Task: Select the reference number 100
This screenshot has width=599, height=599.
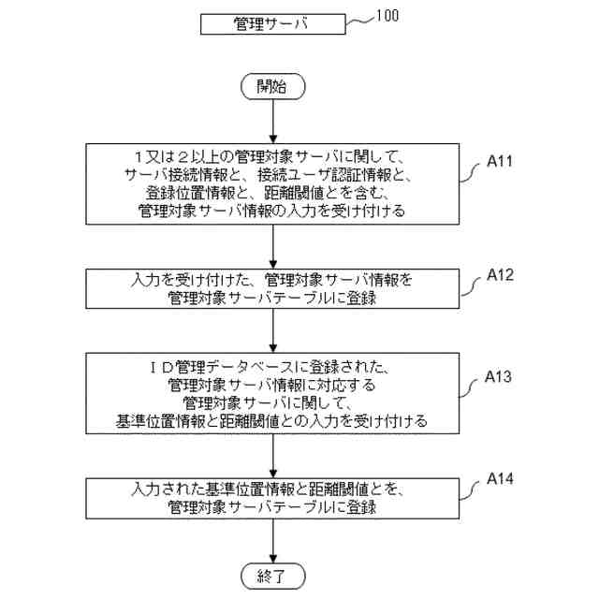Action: pos(386,16)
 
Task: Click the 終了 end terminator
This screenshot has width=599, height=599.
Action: pos(271,573)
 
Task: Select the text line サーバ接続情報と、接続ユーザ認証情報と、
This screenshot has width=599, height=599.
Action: pos(271,175)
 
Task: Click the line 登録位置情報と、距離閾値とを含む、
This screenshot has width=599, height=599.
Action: pos(271,193)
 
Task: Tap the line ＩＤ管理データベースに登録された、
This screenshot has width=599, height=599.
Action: pos(271,366)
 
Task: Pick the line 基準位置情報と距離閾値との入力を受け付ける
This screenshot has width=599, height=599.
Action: pos(271,422)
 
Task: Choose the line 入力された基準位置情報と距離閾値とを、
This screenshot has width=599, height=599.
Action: pos(271,489)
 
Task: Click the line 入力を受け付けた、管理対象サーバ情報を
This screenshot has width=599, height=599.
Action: pos(271,280)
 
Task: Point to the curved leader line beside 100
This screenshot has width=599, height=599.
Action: pos(359,21)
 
